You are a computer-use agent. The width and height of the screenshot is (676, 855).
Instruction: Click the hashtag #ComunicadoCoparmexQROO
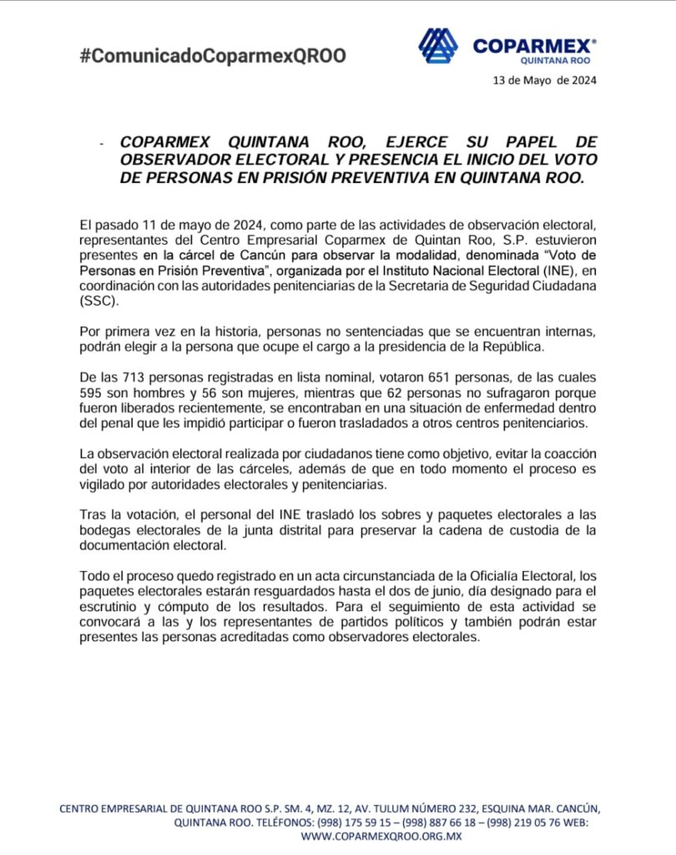tap(212, 57)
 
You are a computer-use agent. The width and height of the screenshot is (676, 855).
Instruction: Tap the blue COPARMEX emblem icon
tap(437, 46)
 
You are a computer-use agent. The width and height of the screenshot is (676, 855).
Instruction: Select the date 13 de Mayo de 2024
tap(546, 81)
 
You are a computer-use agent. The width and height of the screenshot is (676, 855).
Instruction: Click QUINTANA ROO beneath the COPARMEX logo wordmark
tap(557, 61)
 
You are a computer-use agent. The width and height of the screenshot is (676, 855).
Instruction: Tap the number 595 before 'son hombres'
tap(93, 393)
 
